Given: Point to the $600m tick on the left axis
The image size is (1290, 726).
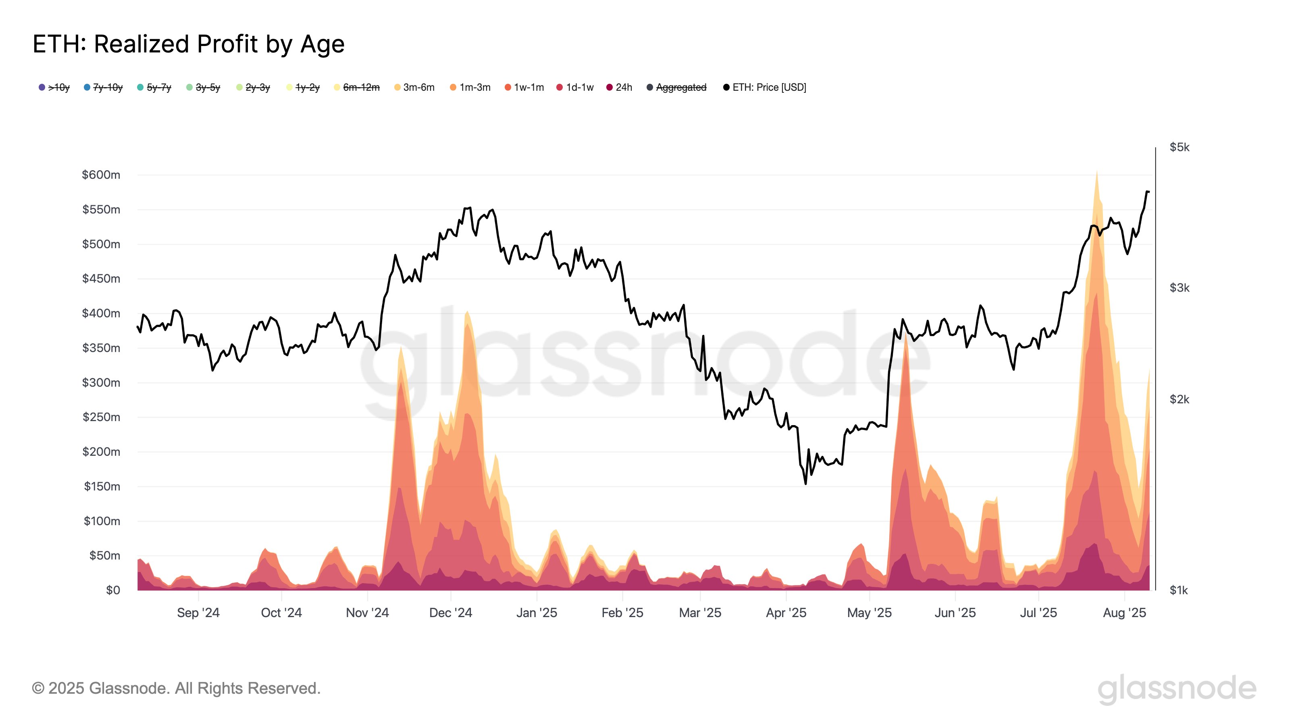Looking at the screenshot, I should [x=101, y=175].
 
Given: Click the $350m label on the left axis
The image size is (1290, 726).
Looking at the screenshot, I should [x=101, y=348].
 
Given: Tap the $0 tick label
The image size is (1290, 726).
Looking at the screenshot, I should [x=113, y=590].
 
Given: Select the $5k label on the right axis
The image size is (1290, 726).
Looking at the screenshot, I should [x=1179, y=147].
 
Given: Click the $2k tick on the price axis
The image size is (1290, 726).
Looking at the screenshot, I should [x=1179, y=399].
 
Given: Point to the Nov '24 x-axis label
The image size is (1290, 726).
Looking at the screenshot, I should [x=367, y=613].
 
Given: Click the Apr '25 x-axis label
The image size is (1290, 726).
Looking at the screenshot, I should [x=786, y=613].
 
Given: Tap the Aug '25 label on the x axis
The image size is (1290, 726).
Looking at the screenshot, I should [x=1124, y=613].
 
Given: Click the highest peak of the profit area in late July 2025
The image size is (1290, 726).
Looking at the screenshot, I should [x=1096, y=172].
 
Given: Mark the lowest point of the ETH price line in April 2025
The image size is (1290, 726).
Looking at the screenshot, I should [x=805, y=484].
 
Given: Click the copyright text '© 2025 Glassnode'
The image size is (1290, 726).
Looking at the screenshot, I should [x=176, y=688].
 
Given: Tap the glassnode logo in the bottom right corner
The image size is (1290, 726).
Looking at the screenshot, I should [x=1177, y=689].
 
